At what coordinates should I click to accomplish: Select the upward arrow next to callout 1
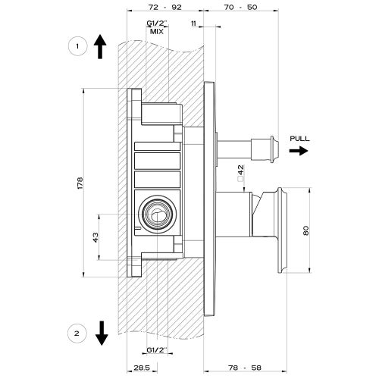click(100, 46)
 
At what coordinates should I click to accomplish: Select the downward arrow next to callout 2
click(100, 332)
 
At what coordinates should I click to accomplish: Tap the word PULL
click(299, 138)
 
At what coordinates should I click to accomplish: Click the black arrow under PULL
click(298, 151)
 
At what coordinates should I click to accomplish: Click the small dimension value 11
click(195, 25)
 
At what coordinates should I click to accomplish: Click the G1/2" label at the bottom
click(157, 350)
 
